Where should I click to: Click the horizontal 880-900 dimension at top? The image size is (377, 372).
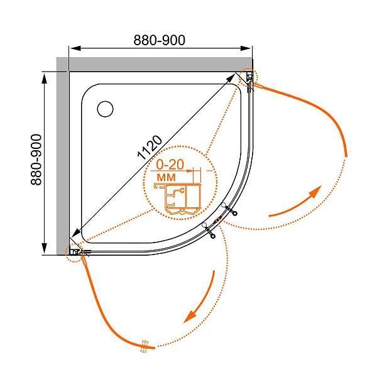pyautogui.click(x=159, y=40)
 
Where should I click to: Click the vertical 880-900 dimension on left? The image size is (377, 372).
pyautogui.click(x=36, y=160)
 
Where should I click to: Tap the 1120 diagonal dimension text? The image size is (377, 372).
pyautogui.click(x=150, y=148)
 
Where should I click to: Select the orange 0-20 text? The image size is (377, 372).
pyautogui.click(x=170, y=165)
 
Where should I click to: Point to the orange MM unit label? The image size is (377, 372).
pyautogui.click(x=166, y=177)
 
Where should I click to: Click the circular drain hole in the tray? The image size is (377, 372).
pyautogui.click(x=105, y=109)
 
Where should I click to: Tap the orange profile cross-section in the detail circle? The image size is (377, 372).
pyautogui.click(x=177, y=199)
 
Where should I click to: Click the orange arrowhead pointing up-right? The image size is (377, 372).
pyautogui.click(x=315, y=191)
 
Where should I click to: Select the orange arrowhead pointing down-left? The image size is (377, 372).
pyautogui.click(x=190, y=317)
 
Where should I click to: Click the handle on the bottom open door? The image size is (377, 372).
pyautogui.click(x=145, y=346)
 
